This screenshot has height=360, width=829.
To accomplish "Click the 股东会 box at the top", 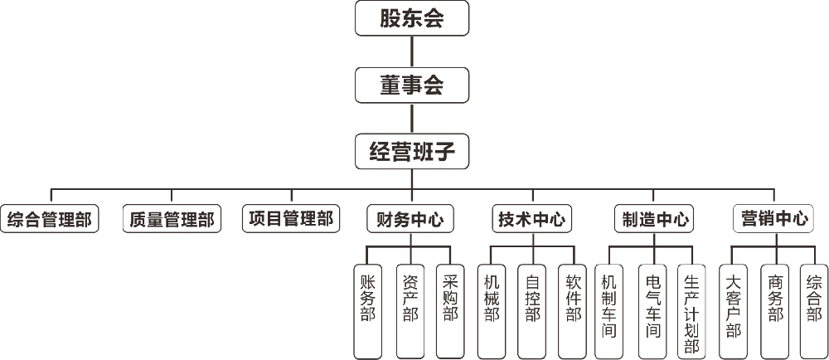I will tap(412, 19).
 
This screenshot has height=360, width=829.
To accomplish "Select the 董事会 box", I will tap(412, 85).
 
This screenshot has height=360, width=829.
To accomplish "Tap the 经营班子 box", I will tap(412, 152).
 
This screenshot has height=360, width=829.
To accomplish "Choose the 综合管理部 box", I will tap(49, 219).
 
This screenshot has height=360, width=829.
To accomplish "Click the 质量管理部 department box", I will tap(172, 219).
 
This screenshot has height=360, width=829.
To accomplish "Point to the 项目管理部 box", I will tap(291, 218).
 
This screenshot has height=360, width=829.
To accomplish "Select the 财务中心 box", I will tap(410, 219).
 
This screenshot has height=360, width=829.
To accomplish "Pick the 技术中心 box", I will tap(531, 219).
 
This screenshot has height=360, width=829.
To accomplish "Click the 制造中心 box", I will tap(655, 219).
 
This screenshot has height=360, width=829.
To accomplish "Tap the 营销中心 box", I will tap(774, 218).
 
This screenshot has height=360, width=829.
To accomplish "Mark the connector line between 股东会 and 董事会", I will tap(412, 51).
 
